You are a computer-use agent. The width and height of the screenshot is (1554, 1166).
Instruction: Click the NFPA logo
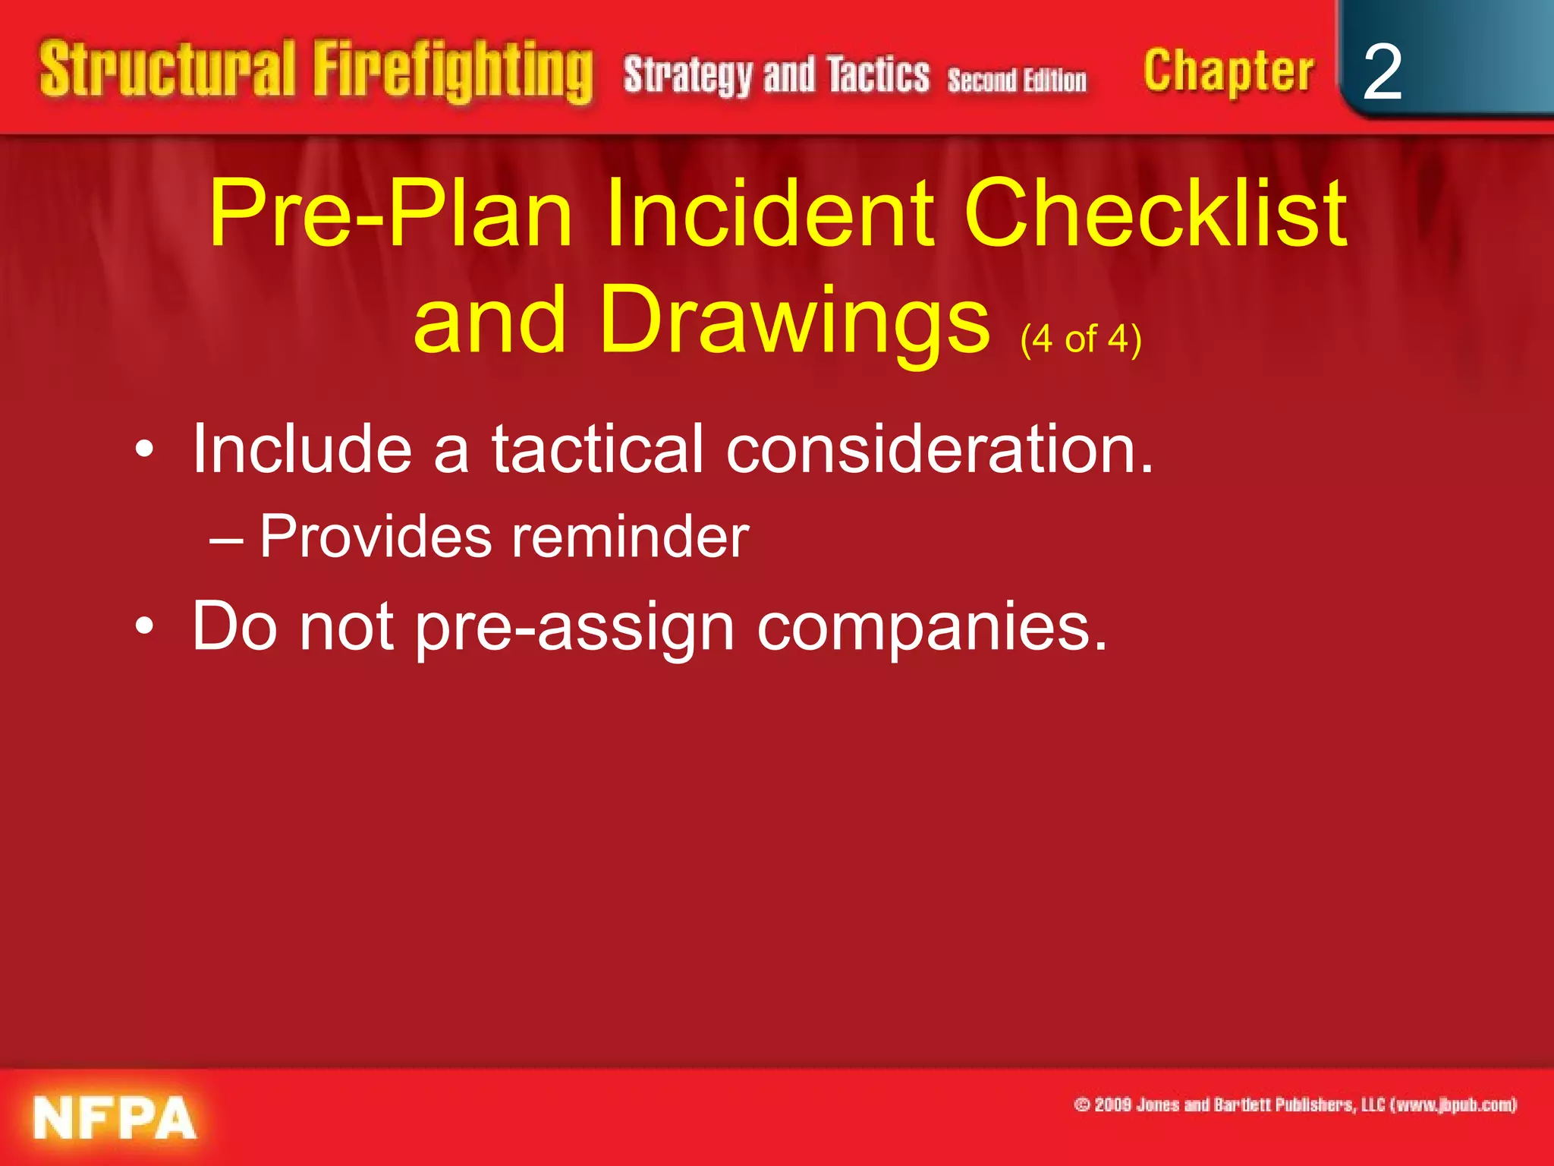pyautogui.click(x=114, y=1117)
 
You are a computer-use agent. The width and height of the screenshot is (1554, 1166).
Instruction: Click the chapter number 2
pyautogui.click(x=1382, y=72)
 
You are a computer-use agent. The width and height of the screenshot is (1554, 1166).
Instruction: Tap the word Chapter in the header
pyautogui.click(x=1228, y=71)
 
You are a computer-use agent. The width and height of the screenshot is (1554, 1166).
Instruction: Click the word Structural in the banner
pyautogui.click(x=167, y=69)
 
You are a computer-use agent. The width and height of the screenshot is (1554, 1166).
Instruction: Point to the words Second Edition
pyautogui.click(x=1016, y=80)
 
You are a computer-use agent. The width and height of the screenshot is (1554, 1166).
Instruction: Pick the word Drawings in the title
pyautogui.click(x=794, y=320)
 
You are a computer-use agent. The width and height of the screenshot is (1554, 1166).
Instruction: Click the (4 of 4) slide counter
pyautogui.click(x=1081, y=339)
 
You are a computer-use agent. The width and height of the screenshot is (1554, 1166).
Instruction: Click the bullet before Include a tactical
pyautogui.click(x=144, y=451)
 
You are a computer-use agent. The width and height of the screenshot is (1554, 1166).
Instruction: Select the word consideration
pyautogui.click(x=939, y=449)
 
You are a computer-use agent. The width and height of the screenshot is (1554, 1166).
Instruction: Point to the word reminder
pyautogui.click(x=630, y=537)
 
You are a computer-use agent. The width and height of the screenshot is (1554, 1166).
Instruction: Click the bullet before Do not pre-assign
pyautogui.click(x=144, y=628)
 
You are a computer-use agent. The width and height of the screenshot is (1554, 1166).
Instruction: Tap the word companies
pyautogui.click(x=932, y=628)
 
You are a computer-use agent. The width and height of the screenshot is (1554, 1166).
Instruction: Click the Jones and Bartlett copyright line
pyautogui.click(x=1294, y=1105)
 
